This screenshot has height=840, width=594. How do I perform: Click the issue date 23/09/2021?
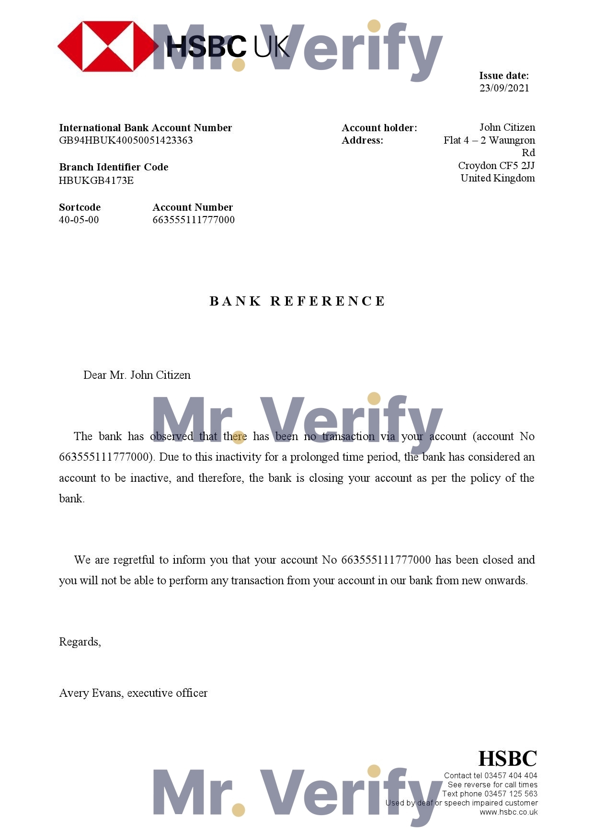504,88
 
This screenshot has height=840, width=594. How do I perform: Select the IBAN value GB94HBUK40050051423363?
126,140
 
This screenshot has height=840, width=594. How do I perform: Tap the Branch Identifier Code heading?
114,167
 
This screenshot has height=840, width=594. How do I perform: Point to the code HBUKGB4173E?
96,181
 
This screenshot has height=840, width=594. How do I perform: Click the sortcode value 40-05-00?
79,220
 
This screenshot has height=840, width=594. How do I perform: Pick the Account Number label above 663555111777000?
193,207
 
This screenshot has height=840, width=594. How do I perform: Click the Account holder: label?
379,128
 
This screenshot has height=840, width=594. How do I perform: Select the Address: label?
362,140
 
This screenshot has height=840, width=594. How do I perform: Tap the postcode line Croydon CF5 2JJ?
496,166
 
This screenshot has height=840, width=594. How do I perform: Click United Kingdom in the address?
497,178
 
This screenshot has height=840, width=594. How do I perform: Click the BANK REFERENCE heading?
297,301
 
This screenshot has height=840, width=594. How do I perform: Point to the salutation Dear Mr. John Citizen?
137,375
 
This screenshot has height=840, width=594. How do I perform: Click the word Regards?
80,642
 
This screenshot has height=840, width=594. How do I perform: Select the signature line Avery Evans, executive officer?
133,693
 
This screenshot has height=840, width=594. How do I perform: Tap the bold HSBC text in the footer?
507,759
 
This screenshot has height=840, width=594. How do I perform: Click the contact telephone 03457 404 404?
511,775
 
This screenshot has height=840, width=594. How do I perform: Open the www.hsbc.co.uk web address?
508,812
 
